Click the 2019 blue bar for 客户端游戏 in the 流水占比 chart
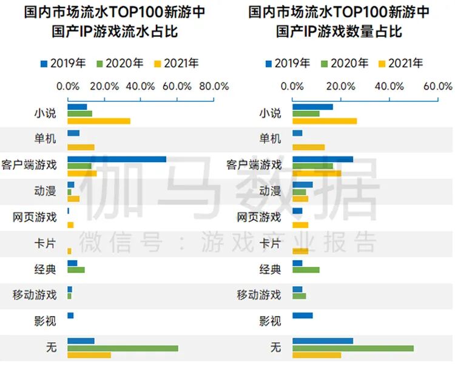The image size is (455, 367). [116, 159]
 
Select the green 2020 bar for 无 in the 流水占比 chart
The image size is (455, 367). [123, 348]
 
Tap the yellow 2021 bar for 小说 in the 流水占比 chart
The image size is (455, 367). [98, 121]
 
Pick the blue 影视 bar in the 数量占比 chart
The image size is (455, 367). [302, 315]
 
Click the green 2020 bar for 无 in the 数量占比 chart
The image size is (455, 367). [352, 348]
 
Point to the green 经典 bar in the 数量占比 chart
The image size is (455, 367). [305, 270]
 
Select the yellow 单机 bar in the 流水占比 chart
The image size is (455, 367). [81, 147]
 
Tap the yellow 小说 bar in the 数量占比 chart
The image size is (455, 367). [324, 121]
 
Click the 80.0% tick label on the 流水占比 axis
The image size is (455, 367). [214, 86]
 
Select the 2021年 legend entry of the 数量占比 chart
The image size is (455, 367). [400, 63]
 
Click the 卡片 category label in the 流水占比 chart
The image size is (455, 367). [45, 244]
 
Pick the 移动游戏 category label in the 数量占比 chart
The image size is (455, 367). [259, 295]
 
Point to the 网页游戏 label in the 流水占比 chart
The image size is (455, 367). [35, 217]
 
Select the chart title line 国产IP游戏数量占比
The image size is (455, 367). [339, 32]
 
